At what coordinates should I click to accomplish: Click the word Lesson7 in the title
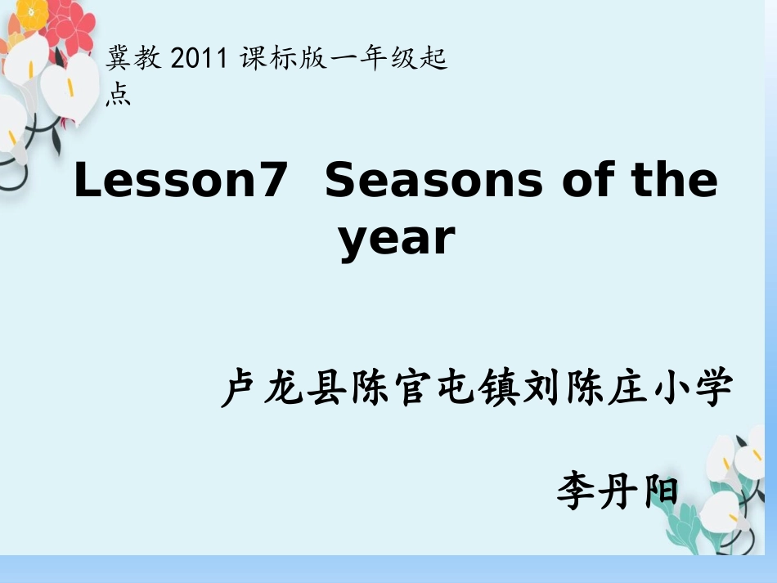181,181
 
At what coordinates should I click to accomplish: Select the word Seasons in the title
433,181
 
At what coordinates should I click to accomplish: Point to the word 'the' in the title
675,181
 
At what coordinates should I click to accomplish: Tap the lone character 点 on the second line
119,96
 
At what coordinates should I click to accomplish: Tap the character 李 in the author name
579,491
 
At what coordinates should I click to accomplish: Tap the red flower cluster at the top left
70,25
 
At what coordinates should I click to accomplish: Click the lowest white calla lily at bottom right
720,511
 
